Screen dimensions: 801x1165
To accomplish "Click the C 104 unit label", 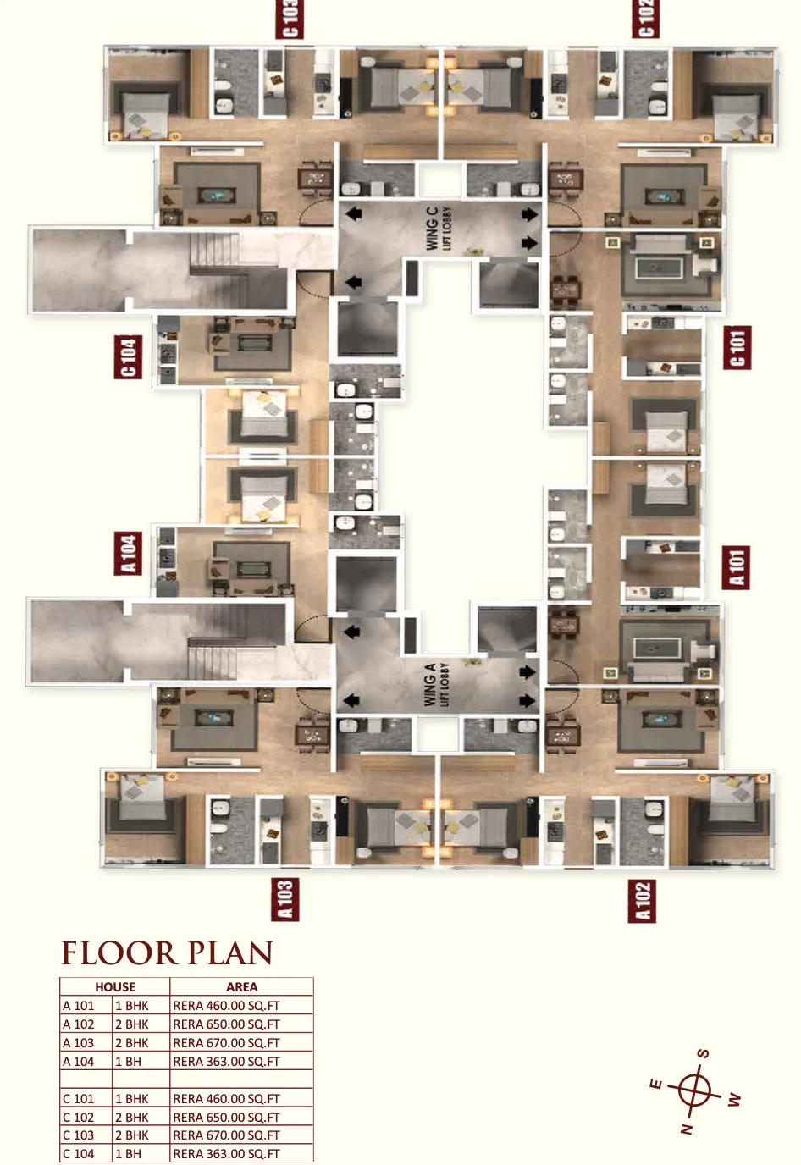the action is pos(128,356).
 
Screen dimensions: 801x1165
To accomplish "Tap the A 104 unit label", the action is pos(128,554).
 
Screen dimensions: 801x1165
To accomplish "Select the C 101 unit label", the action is pos(737,348).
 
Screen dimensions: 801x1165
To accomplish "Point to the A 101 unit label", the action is pos(736,567).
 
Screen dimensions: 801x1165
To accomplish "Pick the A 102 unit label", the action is pos(642,901).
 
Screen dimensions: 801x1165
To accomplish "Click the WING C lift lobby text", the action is pos(438,228).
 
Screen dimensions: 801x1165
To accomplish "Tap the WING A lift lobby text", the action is pos(436,684).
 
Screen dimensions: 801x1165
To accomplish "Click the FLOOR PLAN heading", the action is pos(167,953).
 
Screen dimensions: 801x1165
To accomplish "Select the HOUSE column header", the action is pos(115,987).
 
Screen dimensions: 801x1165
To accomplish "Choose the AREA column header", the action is pos(242,987).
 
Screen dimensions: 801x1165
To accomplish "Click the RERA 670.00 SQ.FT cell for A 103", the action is pos(226,1043).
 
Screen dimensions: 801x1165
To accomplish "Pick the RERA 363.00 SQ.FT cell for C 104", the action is pos(226,1153).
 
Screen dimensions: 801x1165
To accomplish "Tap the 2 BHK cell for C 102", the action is pos(132,1117).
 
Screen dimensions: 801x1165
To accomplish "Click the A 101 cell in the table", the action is pos(79,1006).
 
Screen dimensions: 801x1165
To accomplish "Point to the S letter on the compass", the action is pos(703,1054).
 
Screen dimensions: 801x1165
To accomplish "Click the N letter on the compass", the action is pos(687,1128).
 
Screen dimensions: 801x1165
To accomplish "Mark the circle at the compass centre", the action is pos(695,1091).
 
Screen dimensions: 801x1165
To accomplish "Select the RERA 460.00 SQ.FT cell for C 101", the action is pos(226,1098).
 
